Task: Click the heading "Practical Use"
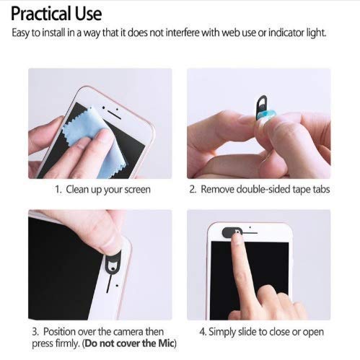(x=56, y=14)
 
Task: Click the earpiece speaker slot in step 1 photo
(x=114, y=115)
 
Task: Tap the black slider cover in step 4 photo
(x=232, y=232)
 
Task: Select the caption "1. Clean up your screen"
(x=102, y=190)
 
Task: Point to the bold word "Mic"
(x=166, y=343)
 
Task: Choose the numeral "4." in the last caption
(x=203, y=332)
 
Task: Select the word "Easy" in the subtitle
(x=21, y=33)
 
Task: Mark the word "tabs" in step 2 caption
(x=321, y=189)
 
